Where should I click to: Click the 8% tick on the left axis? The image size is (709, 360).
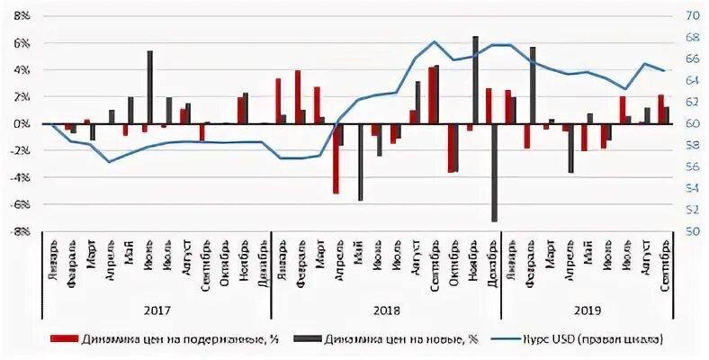21,16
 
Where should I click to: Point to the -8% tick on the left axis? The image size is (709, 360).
20,231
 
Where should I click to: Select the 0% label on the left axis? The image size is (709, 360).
22,124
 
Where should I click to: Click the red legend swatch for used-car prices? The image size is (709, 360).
64,339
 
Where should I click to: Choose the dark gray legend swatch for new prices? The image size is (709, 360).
304,339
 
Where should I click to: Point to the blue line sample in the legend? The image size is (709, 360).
516,339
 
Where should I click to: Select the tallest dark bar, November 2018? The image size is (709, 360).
475,80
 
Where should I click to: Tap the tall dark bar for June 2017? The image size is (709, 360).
149,87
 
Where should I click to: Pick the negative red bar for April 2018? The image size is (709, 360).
336,158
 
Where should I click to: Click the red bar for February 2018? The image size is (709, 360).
298,97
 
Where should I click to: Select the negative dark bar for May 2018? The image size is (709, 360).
360,162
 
